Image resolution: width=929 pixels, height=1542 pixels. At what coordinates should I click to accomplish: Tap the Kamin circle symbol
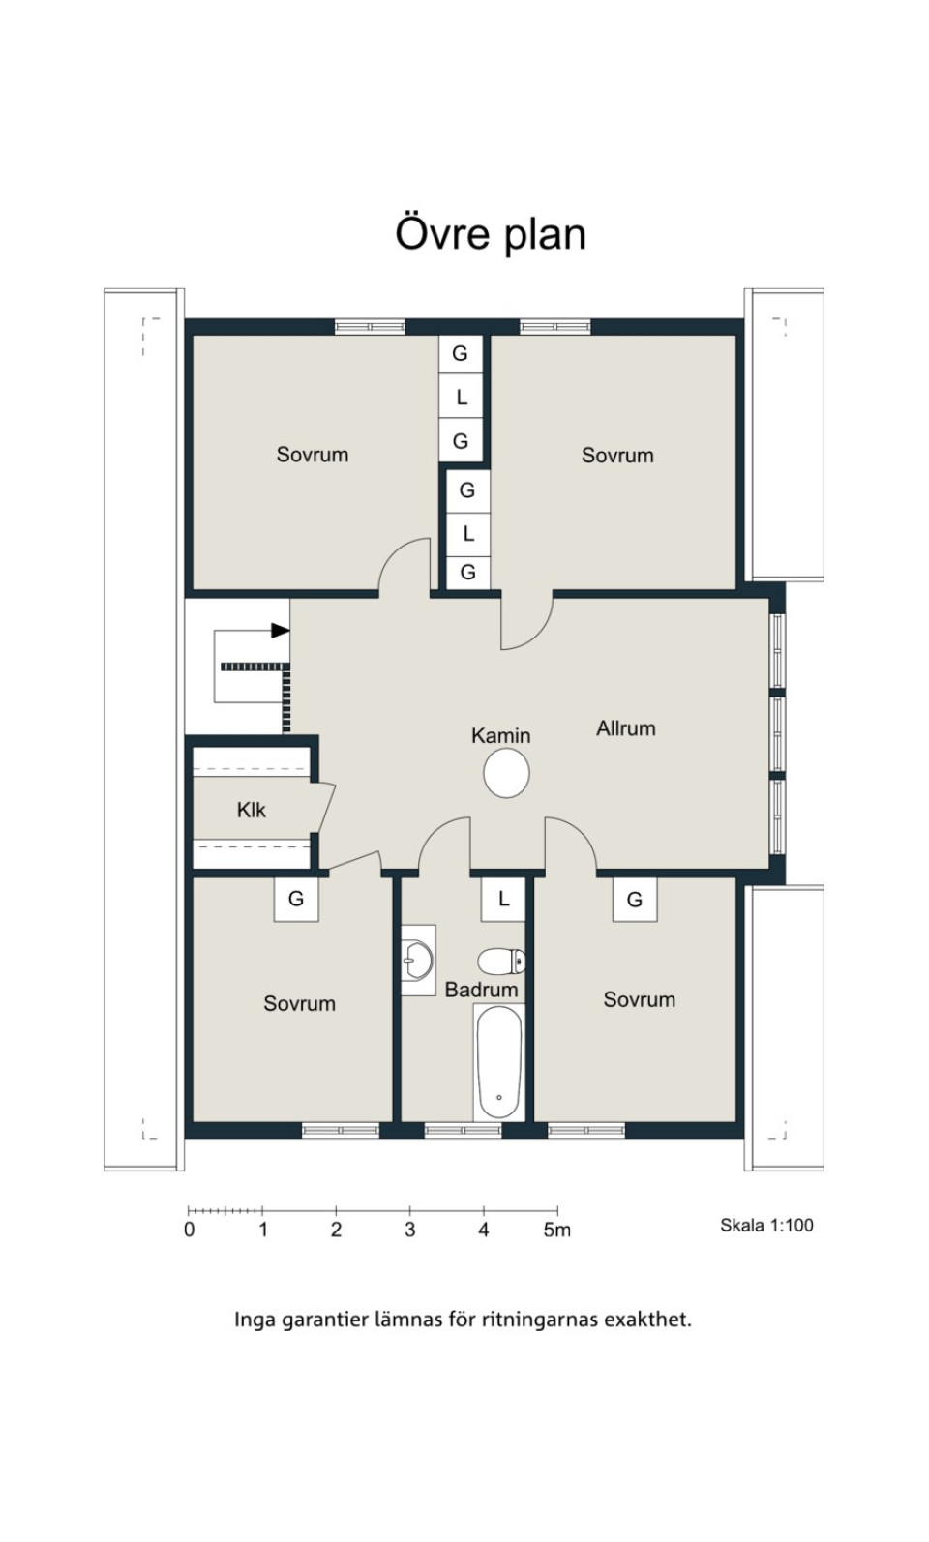(x=506, y=772)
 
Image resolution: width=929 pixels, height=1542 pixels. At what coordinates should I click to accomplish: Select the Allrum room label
(x=625, y=728)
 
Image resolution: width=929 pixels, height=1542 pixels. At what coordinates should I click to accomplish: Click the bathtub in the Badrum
(x=499, y=1061)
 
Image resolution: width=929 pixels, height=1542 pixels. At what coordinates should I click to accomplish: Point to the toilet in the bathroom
(x=501, y=961)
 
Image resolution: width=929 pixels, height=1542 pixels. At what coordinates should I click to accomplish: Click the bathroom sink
(x=418, y=960)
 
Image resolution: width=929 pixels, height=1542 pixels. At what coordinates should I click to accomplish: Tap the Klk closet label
(x=251, y=810)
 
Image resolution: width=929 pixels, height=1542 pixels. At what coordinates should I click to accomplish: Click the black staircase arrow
(x=281, y=630)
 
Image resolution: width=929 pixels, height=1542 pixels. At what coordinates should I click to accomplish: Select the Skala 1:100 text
(x=766, y=1225)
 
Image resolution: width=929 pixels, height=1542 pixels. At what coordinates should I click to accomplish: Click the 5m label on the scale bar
(x=556, y=1230)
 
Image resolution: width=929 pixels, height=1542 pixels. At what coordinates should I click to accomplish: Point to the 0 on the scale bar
(x=190, y=1230)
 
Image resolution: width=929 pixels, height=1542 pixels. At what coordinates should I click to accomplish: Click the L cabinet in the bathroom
(x=503, y=899)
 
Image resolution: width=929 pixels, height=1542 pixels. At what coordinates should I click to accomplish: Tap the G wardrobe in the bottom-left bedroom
(x=296, y=899)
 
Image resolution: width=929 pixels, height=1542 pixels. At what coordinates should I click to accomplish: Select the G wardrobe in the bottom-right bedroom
(x=635, y=899)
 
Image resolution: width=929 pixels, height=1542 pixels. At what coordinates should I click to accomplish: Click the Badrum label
(x=481, y=990)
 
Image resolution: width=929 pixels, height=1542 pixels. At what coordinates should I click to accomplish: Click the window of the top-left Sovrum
(x=370, y=326)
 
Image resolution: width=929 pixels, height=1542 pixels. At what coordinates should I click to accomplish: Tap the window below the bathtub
(x=463, y=1130)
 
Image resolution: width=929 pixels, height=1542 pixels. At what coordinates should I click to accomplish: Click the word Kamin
(x=500, y=735)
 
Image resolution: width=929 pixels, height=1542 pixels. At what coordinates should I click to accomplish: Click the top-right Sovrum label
(x=617, y=455)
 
